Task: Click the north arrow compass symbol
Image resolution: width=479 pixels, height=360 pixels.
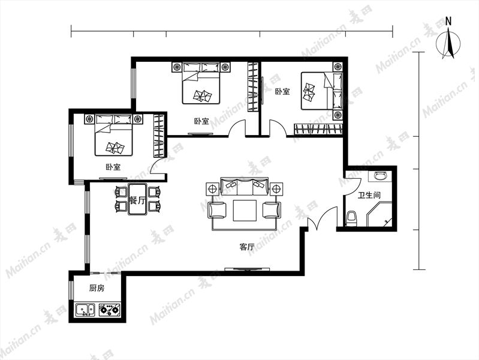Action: [x=448, y=43]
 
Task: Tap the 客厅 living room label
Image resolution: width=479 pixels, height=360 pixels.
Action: [x=246, y=247]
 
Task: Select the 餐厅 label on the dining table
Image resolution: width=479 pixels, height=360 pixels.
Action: [x=137, y=200]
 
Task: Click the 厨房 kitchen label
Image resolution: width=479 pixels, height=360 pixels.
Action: [x=97, y=288]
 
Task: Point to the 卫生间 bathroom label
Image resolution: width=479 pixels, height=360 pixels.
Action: [x=369, y=195]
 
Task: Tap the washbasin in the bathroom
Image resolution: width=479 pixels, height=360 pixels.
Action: [x=380, y=176]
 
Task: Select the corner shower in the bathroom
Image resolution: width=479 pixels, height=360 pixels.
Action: [x=379, y=214]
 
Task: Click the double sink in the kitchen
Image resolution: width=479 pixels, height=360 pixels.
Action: [x=85, y=310]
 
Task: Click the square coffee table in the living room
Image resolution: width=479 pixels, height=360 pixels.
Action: [x=245, y=210]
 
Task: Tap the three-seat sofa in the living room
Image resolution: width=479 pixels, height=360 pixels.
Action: [x=245, y=186]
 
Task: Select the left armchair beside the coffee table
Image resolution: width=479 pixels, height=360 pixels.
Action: [x=217, y=210]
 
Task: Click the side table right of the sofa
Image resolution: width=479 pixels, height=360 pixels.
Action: [x=276, y=189]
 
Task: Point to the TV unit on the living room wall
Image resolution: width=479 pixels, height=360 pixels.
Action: [x=247, y=269]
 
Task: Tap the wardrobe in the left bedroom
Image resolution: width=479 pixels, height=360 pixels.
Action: [x=158, y=136]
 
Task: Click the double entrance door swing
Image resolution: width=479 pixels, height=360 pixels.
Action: [x=323, y=218]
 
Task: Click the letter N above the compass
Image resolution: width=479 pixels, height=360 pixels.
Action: [x=448, y=21]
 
